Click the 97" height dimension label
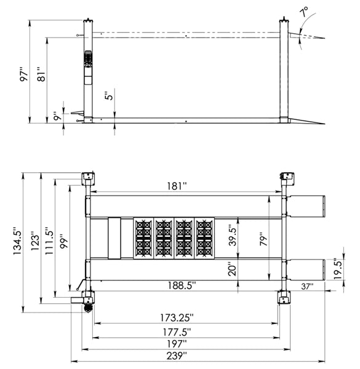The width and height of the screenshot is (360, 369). pos(24,74)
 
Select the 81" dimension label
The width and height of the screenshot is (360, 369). pos(41,74)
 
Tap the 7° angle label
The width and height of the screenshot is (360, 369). pos(304,12)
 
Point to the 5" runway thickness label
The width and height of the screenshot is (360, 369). pos(109,95)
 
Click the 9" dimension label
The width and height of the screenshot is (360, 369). pos(57,116)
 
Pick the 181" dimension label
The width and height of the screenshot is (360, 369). pos(177,186)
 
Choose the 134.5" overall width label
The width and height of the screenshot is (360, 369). pos(18,240)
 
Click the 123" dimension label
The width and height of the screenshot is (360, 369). pos(35,242)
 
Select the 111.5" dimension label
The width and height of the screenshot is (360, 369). pos(49,240)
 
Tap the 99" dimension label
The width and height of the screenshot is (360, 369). pos(64,241)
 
